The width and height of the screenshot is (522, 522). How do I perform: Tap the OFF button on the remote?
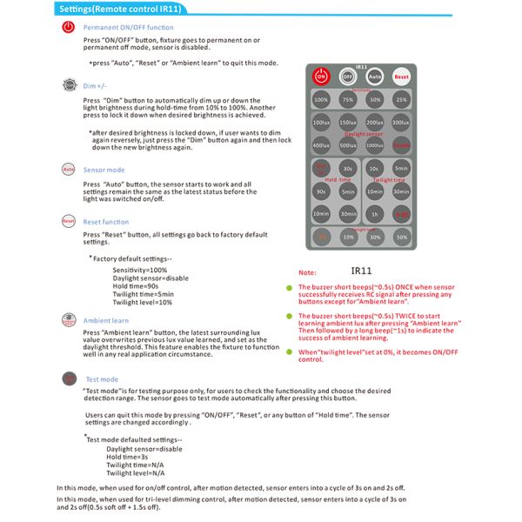click(x=347, y=77)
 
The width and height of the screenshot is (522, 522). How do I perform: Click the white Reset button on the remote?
click(x=400, y=77)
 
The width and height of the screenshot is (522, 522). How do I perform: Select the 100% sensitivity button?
click(x=321, y=100)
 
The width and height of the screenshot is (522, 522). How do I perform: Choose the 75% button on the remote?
click(x=347, y=100)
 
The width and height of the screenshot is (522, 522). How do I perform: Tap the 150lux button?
click(x=347, y=124)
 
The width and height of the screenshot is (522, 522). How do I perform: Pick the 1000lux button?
click(x=374, y=145)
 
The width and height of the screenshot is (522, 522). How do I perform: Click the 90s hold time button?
click(x=321, y=191)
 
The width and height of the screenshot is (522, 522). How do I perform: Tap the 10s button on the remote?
click(x=374, y=168)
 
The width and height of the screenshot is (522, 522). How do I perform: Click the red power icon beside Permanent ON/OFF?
click(x=69, y=28)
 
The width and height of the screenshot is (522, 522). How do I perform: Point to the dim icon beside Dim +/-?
click(x=69, y=85)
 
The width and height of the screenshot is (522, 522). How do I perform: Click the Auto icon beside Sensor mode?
click(x=69, y=168)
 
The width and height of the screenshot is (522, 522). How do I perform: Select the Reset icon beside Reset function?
click(x=69, y=222)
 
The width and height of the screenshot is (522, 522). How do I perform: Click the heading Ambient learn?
click(x=106, y=321)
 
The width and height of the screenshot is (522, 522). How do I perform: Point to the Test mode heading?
click(x=102, y=379)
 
